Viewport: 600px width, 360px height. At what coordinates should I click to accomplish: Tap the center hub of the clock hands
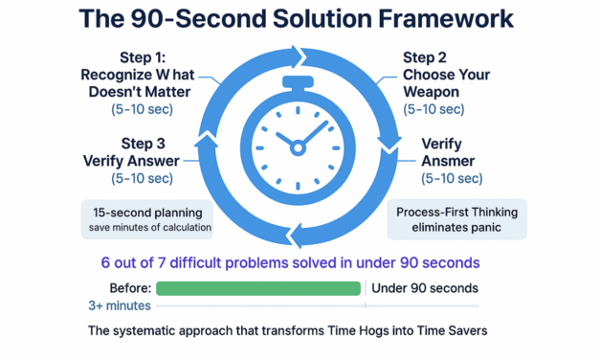coord(298,147)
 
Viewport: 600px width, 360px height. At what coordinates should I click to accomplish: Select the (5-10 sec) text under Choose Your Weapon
coord(433,110)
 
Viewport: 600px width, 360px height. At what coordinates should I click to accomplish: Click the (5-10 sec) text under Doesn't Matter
coord(144,110)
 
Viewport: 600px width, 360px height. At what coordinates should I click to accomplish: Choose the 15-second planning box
coord(146,217)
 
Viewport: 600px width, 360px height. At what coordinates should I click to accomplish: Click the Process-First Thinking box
coord(457,217)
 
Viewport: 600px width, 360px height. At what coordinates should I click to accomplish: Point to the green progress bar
coord(258,288)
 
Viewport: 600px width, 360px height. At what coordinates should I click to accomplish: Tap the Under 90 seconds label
coord(424,288)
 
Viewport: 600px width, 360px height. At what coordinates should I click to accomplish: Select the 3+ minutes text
coord(119,306)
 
